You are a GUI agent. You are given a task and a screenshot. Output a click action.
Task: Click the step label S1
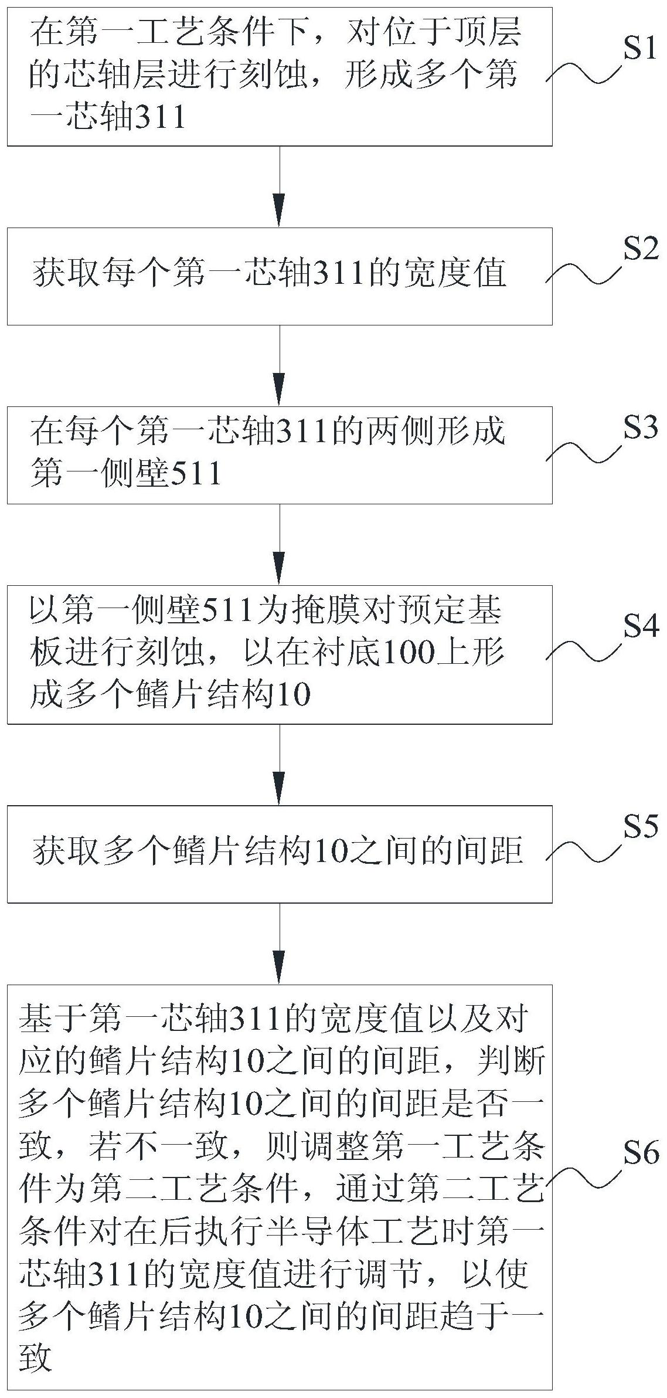641,50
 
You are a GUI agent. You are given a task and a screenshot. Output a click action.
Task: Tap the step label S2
641,250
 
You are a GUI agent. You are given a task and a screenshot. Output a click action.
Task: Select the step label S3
641,429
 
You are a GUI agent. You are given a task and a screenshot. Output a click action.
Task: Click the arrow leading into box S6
280,944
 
